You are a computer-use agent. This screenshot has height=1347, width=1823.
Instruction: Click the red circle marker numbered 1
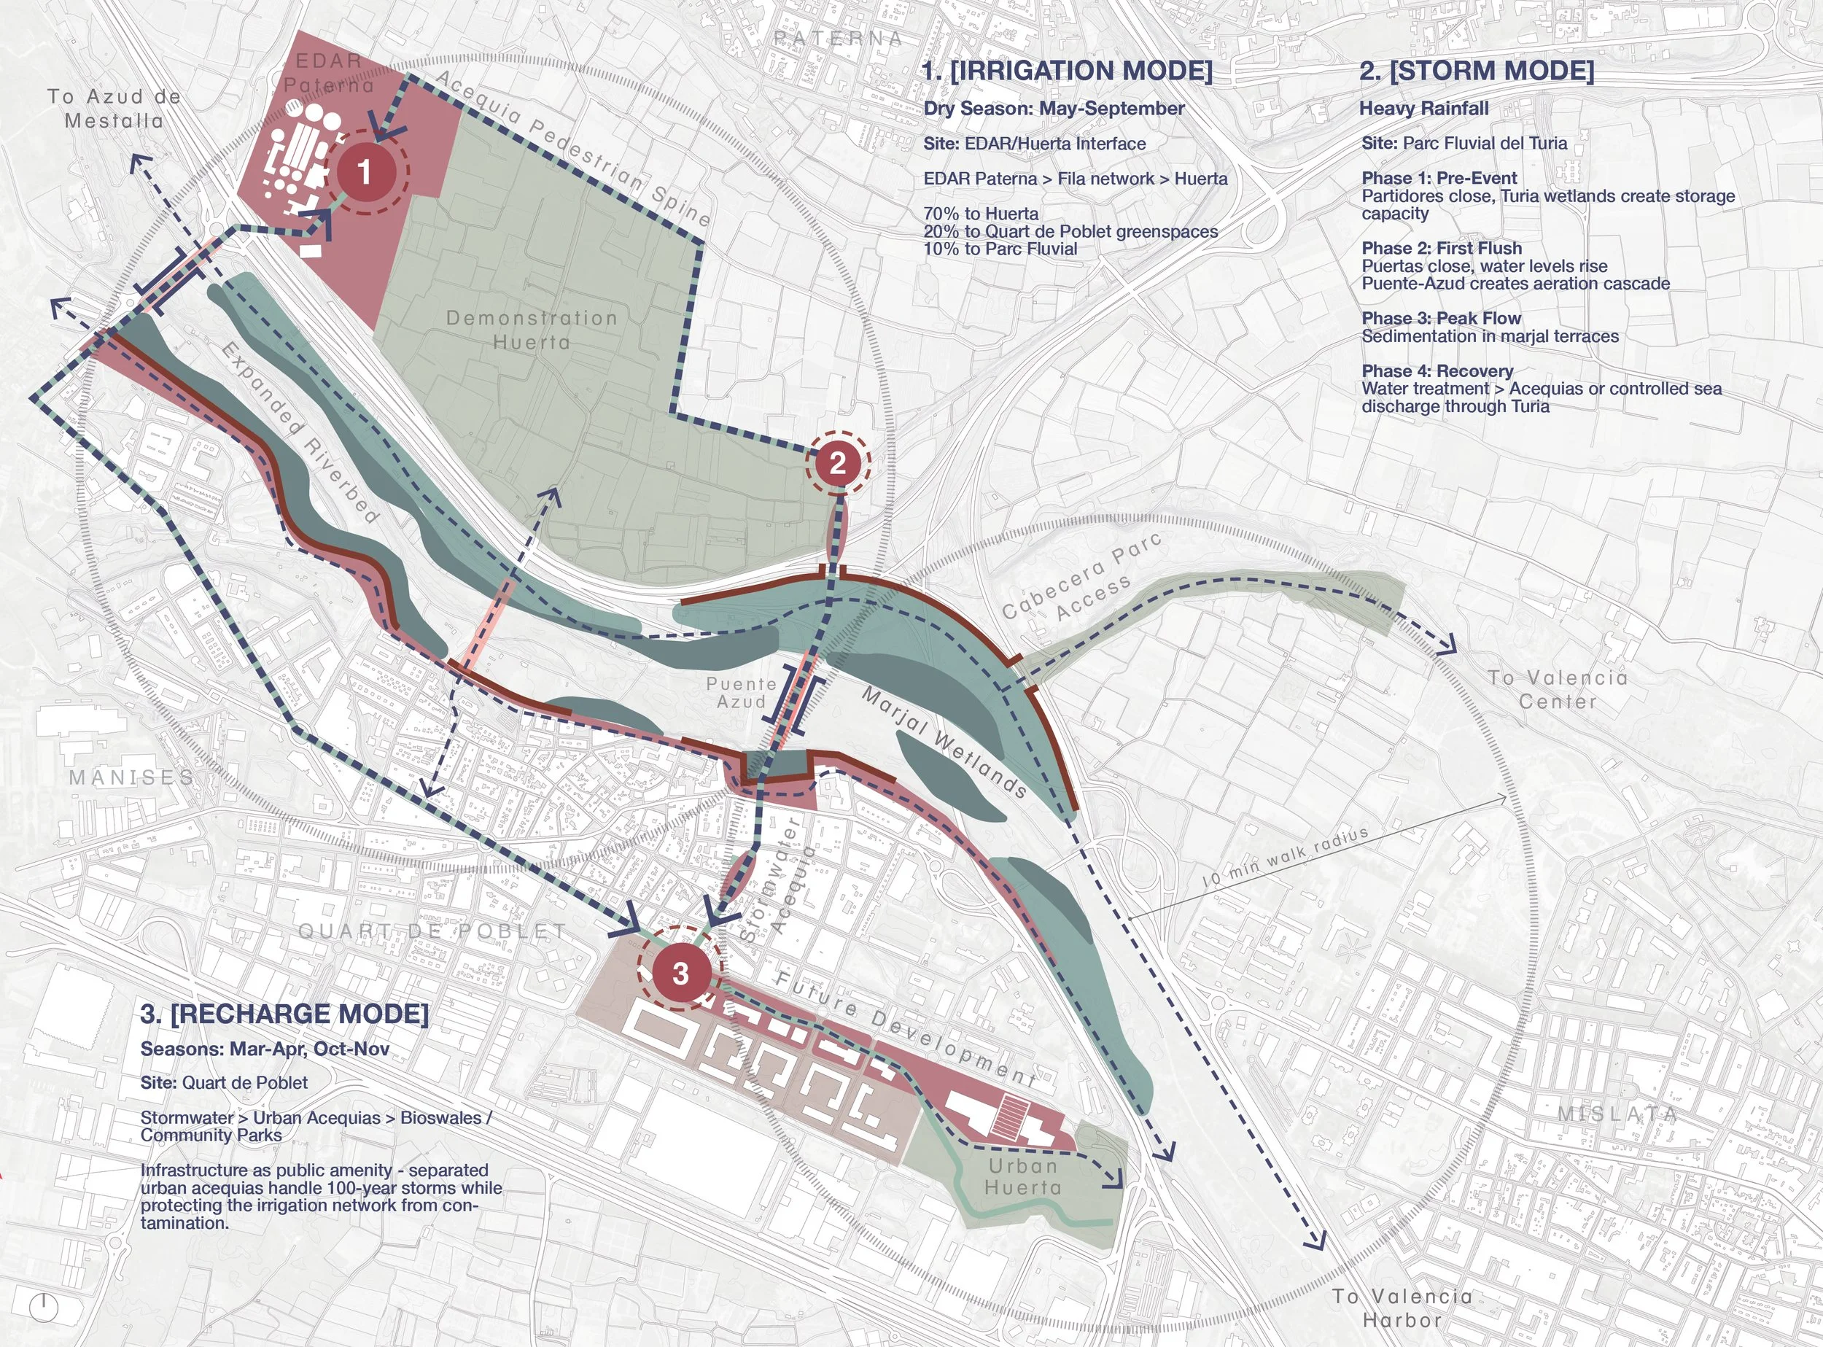click(365, 172)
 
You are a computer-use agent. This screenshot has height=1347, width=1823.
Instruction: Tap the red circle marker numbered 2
click(837, 463)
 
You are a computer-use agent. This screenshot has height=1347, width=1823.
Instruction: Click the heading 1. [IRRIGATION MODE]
click(1068, 71)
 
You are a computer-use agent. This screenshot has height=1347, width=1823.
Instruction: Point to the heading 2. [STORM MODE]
click(1477, 71)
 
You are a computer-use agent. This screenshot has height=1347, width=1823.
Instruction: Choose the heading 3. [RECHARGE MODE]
click(284, 1014)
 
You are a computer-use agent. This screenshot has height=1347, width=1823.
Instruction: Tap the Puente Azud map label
click(741, 693)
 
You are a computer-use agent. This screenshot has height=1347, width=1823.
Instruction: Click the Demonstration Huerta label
click(532, 330)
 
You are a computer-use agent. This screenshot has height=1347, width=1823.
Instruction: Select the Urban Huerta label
click(1023, 1176)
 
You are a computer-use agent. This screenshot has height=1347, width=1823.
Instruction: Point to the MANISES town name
click(131, 777)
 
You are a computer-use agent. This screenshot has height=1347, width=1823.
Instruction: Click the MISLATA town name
click(1617, 1114)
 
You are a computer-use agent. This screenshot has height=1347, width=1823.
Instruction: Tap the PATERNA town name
click(838, 39)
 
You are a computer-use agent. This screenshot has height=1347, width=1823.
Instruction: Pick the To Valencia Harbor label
click(1402, 1308)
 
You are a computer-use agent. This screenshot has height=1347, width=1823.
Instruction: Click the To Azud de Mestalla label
click(114, 109)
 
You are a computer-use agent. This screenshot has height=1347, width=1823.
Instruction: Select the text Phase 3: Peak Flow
click(1442, 318)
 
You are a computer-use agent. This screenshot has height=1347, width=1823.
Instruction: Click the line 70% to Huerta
click(981, 214)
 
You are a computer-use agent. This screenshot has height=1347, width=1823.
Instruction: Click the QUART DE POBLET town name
click(432, 931)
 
